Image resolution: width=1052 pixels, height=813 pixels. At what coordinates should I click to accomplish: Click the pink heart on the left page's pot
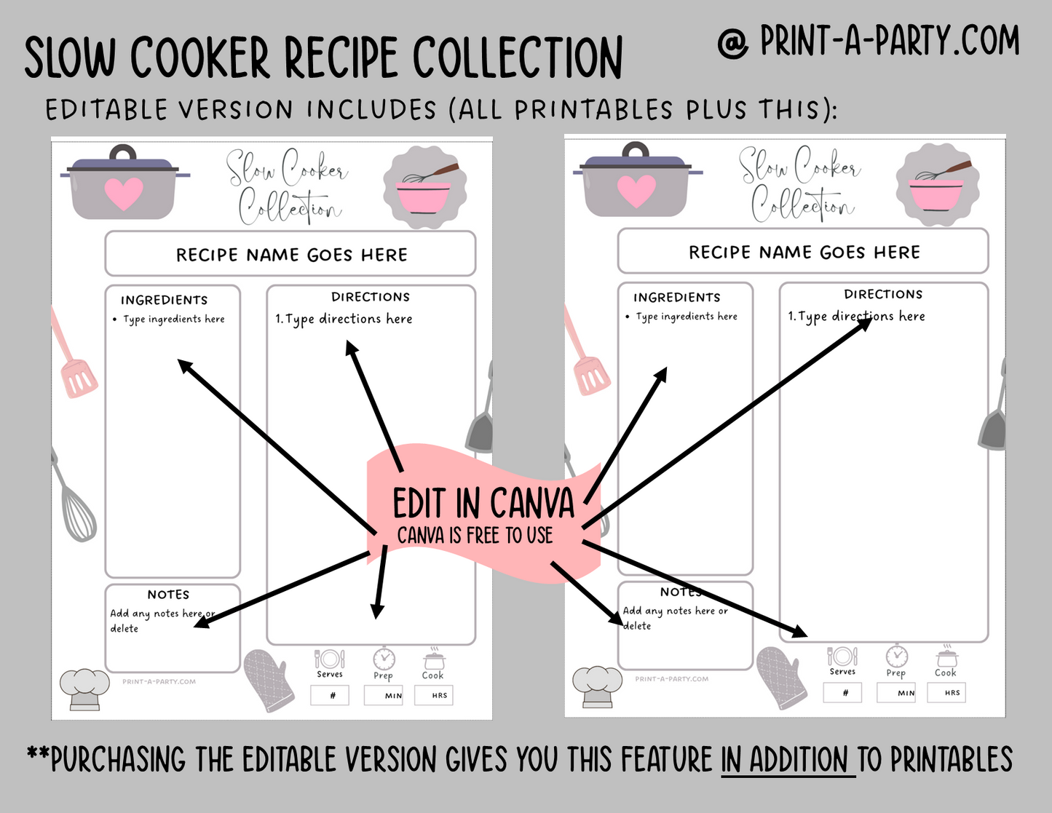pyautogui.click(x=124, y=194)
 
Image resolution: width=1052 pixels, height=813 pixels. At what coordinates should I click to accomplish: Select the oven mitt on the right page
pyautogui.click(x=781, y=678)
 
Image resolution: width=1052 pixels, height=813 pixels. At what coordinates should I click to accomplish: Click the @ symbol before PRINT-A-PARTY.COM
pyautogui.click(x=733, y=44)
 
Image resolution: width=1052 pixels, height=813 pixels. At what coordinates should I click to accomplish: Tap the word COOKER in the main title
pyautogui.click(x=199, y=57)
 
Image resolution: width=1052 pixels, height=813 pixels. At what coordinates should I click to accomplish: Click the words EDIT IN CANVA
pyautogui.click(x=483, y=503)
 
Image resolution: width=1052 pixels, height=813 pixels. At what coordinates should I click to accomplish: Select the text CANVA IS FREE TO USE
pyautogui.click(x=475, y=535)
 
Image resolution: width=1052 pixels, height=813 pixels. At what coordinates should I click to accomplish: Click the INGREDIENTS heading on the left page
pyautogui.click(x=164, y=300)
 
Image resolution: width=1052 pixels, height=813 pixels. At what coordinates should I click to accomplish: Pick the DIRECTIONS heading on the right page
pyautogui.click(x=883, y=294)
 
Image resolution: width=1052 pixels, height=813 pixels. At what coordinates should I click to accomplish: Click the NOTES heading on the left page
pyautogui.click(x=168, y=594)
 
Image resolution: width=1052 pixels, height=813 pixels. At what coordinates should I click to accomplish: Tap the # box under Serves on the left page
pyautogui.click(x=330, y=695)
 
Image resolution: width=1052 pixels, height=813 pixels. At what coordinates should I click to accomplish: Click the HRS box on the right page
pyautogui.click(x=946, y=692)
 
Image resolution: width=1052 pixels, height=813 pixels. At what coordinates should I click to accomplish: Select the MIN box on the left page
pyautogui.click(x=384, y=695)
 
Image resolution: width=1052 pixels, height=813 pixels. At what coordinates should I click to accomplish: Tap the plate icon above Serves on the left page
pyautogui.click(x=330, y=659)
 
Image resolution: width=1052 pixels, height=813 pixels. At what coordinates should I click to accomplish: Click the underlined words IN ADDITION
pyautogui.click(x=788, y=759)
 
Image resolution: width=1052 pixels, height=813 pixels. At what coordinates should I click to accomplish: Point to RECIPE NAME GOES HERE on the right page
pyautogui.click(x=804, y=252)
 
